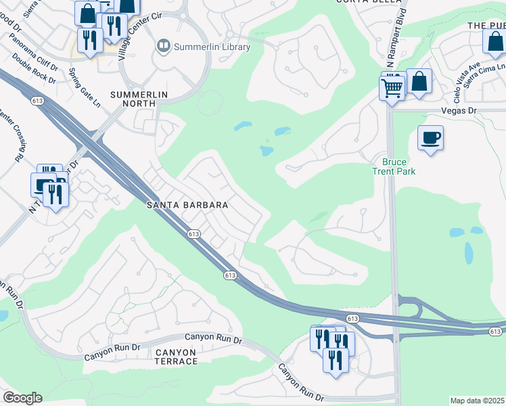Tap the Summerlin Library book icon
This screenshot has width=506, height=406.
tap(163, 47)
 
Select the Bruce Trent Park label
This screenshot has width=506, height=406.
tap(398, 166)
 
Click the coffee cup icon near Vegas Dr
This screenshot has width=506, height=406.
tap(431, 139)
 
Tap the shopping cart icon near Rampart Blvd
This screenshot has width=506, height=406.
tap(392, 89)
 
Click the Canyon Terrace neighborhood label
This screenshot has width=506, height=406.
tap(175, 357)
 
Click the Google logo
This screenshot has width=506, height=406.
tap(22, 398)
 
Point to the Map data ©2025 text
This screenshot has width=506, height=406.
tap(477, 401)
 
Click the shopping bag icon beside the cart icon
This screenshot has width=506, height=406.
tap(419, 81)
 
